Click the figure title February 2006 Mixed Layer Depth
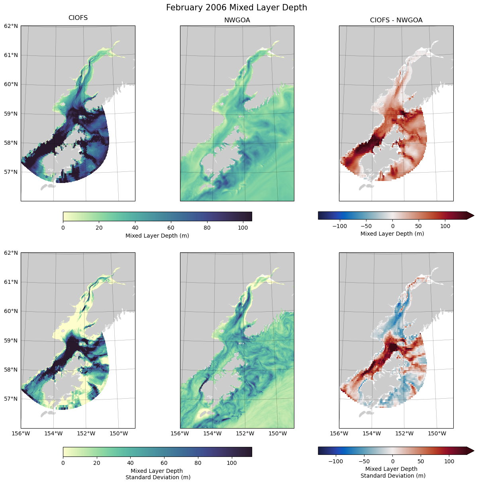point(237,8)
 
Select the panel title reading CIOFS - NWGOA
point(396,20)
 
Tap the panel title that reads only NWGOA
point(237,20)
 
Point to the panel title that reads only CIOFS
point(78,18)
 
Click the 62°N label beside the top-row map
point(11,26)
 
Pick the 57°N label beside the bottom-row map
point(11,399)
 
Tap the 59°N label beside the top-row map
point(11,114)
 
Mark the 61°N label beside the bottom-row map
point(11,282)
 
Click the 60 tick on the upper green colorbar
point(171,228)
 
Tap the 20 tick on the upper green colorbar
point(99,228)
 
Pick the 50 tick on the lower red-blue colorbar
point(421,461)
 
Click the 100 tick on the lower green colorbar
point(231,463)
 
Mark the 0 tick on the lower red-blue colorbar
point(392,461)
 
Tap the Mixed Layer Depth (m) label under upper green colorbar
point(157,236)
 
